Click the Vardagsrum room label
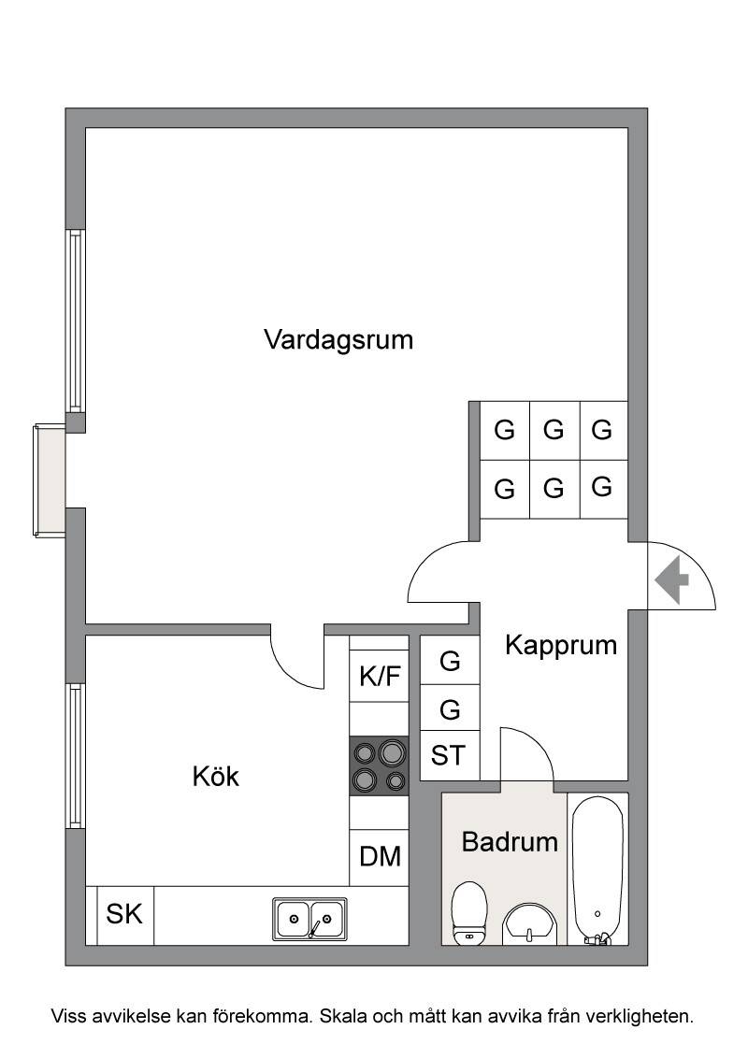coord(338,339)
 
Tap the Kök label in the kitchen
coord(215,776)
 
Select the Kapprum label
coord(561,646)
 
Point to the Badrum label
coord(510,841)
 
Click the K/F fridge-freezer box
coord(380,676)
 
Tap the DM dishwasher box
coord(380,857)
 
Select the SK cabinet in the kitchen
coord(125,915)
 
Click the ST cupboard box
coord(449,755)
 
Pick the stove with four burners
coord(379,765)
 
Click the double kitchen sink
coord(309,919)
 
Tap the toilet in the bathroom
coord(468,913)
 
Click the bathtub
coord(597,870)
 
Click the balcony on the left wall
coord(50,479)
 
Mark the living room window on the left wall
coord(75,321)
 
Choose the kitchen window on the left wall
coord(75,756)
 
